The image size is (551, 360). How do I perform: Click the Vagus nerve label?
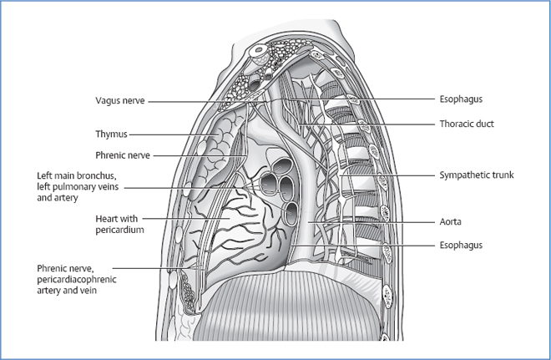[x=120, y=101]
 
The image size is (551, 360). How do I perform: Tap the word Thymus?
[x=112, y=134]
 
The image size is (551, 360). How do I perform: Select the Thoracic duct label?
[x=468, y=124]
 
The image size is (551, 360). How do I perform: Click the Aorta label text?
[x=452, y=223]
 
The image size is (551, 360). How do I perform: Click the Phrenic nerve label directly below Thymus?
[x=123, y=155]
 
